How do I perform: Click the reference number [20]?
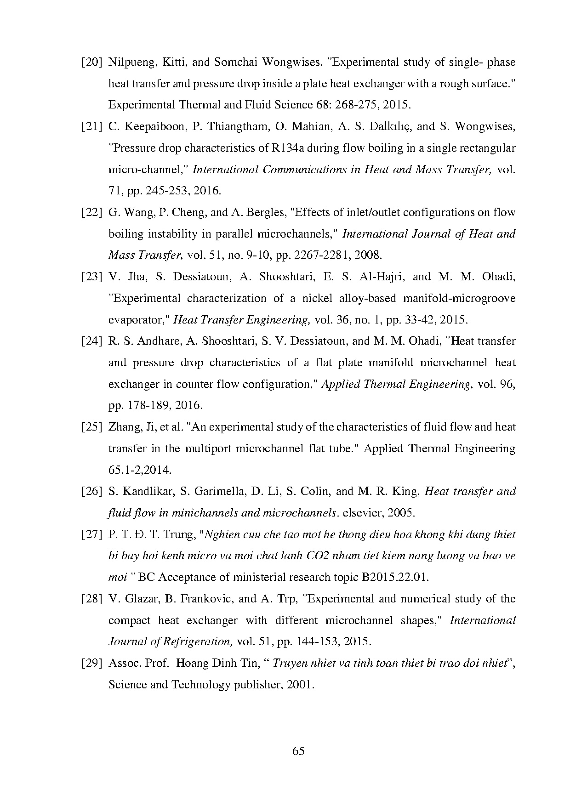[91, 62]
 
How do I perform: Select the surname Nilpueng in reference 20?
[128, 62]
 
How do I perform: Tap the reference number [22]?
[91, 213]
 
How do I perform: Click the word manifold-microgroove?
[459, 298]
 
